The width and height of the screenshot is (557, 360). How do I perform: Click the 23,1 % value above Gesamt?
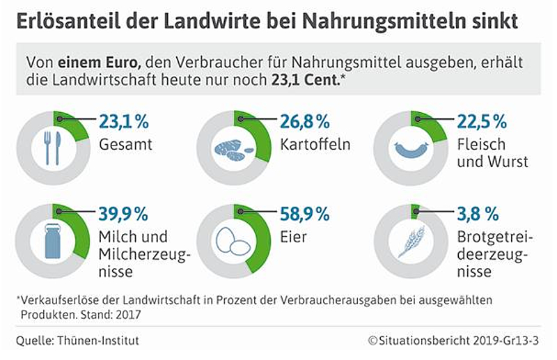coord(124,123)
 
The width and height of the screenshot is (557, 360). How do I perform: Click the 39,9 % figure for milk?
coord(124,214)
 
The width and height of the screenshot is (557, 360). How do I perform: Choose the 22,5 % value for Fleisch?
coord(482,123)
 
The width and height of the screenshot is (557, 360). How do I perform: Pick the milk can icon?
coord(52,240)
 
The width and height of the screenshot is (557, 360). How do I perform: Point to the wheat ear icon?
coord(410,240)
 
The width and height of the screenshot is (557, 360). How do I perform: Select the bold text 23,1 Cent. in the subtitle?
coord(306,79)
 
